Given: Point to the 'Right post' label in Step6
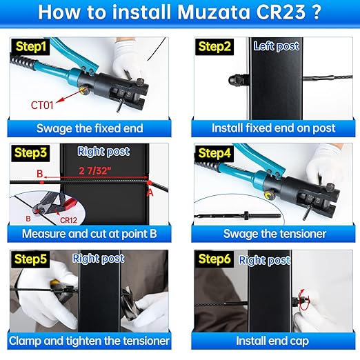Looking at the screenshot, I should (265, 260).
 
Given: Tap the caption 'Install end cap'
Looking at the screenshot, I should (275, 340).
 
